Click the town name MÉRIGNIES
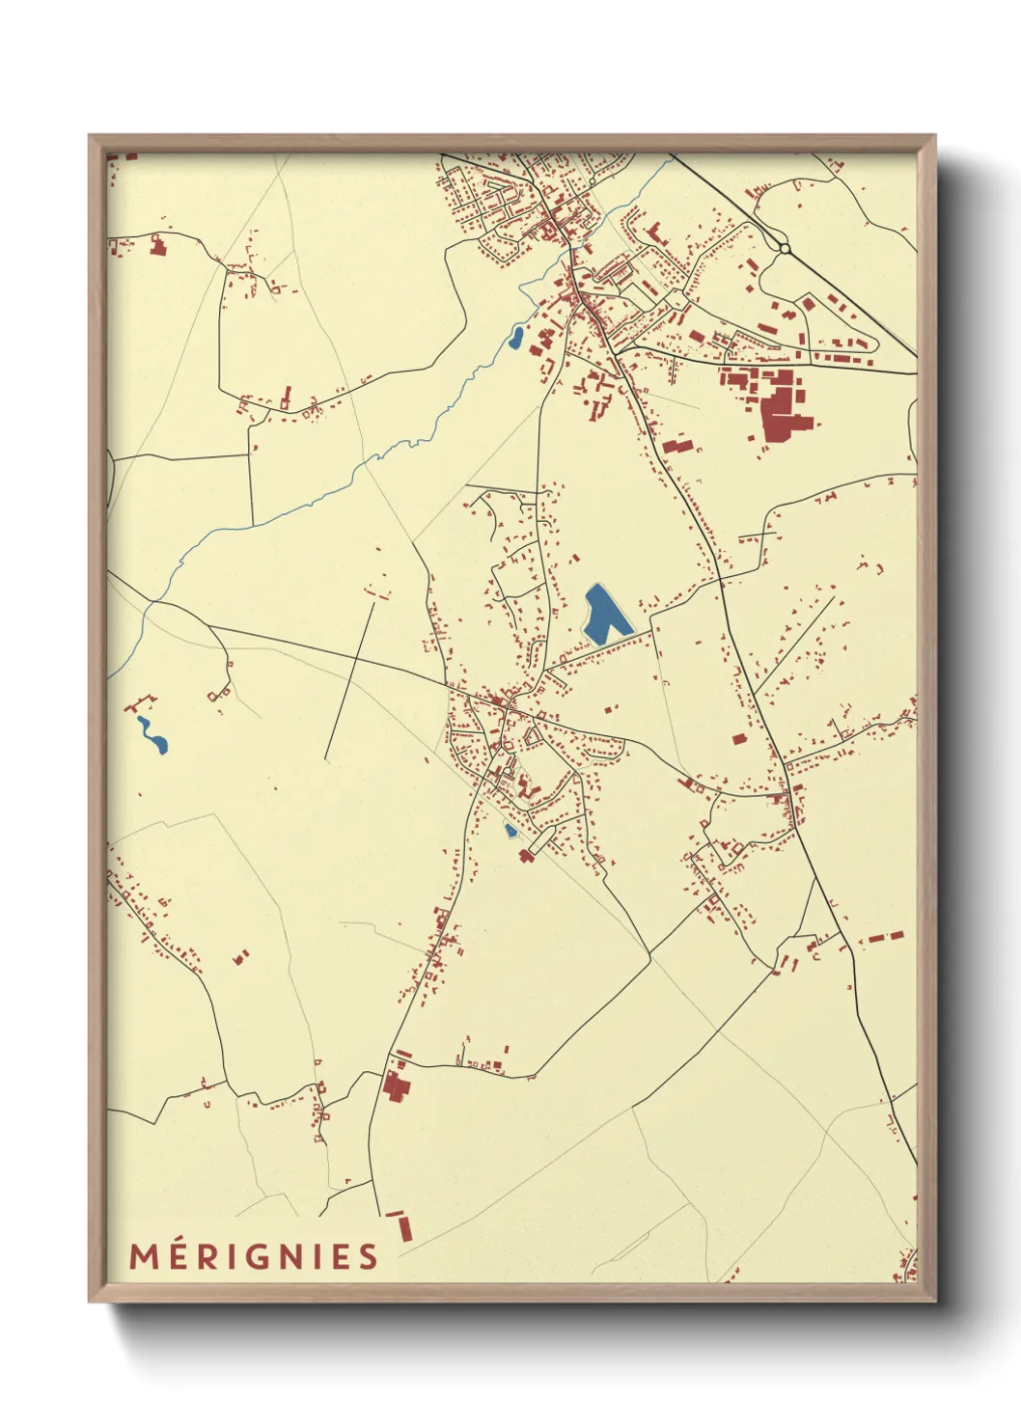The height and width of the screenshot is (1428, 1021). (254, 1256)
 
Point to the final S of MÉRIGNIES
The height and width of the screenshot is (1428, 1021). (368, 1256)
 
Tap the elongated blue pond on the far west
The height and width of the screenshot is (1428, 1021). (152, 734)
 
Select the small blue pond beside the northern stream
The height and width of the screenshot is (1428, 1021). (516, 338)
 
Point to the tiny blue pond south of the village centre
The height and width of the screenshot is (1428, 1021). (510, 829)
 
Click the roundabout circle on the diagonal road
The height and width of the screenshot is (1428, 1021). (785, 248)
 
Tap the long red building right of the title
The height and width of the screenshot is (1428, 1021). (404, 1227)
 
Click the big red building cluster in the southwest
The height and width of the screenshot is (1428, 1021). (395, 1085)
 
